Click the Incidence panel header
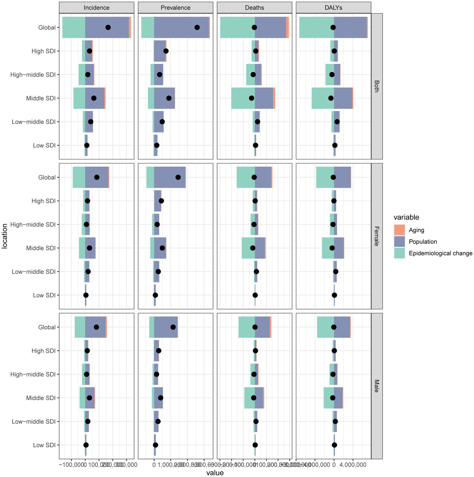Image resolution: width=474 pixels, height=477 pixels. pyautogui.click(x=96, y=8)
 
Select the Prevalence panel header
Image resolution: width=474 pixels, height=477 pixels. pyautogui.click(x=175, y=8)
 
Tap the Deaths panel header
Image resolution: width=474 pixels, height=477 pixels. pyautogui.click(x=254, y=8)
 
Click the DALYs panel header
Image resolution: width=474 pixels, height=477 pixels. pyautogui.click(x=333, y=8)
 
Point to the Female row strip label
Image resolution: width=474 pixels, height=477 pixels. pyautogui.click(x=376, y=236)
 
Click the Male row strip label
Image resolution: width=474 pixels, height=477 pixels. pyautogui.click(x=376, y=386)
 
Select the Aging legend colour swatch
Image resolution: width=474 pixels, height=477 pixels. pyautogui.click(x=399, y=230)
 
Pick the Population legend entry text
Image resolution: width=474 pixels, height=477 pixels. pyautogui.click(x=423, y=242)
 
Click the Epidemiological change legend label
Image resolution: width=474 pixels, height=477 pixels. pyautogui.click(x=440, y=253)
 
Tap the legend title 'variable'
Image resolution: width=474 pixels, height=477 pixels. pyautogui.click(x=406, y=217)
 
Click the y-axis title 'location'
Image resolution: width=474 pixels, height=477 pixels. pyautogui.click(x=5, y=236)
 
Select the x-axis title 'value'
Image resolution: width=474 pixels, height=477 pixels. pyautogui.click(x=215, y=473)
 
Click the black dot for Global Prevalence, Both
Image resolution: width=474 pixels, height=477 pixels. pyautogui.click(x=197, y=28)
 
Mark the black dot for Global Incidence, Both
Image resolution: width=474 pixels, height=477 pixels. pyautogui.click(x=108, y=28)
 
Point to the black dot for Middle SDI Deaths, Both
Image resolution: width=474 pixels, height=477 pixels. pyautogui.click(x=251, y=98)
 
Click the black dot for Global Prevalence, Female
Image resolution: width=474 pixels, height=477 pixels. pyautogui.click(x=178, y=177)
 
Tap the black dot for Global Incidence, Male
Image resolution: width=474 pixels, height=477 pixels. pyautogui.click(x=96, y=327)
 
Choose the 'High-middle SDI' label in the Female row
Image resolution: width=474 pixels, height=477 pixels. pyautogui.click(x=33, y=224)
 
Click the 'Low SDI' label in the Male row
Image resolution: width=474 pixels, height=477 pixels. pyautogui.click(x=44, y=445)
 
